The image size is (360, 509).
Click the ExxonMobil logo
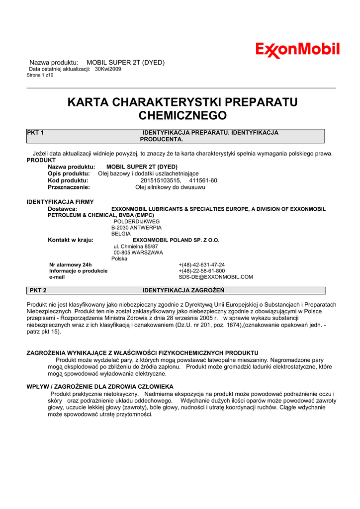pyautogui.click(x=297, y=50)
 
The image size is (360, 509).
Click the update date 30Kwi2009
pyautogui.click(x=108, y=69)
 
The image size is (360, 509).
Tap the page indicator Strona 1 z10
pyautogui.click(x=40, y=75)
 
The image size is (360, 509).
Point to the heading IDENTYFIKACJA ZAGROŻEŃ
pyautogui.click(x=183, y=290)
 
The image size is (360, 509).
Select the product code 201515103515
pyautogui.click(x=161, y=180)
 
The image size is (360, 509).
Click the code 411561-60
pyautogui.click(x=203, y=180)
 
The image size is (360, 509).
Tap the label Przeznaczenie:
pyautogui.click(x=69, y=187)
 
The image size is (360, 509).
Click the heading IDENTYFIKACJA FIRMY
pyautogui.click(x=57, y=202)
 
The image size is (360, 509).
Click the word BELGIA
pyautogui.click(x=121, y=234)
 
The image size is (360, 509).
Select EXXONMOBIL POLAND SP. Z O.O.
pyautogui.click(x=176, y=240)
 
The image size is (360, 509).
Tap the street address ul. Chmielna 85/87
pyautogui.click(x=136, y=247)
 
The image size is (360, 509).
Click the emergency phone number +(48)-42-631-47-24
pyautogui.click(x=201, y=265)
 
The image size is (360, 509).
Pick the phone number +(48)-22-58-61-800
pyautogui.click(x=201, y=271)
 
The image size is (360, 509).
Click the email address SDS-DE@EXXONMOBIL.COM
pyautogui.click(x=216, y=277)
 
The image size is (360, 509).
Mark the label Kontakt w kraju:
pyautogui.click(x=71, y=240)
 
